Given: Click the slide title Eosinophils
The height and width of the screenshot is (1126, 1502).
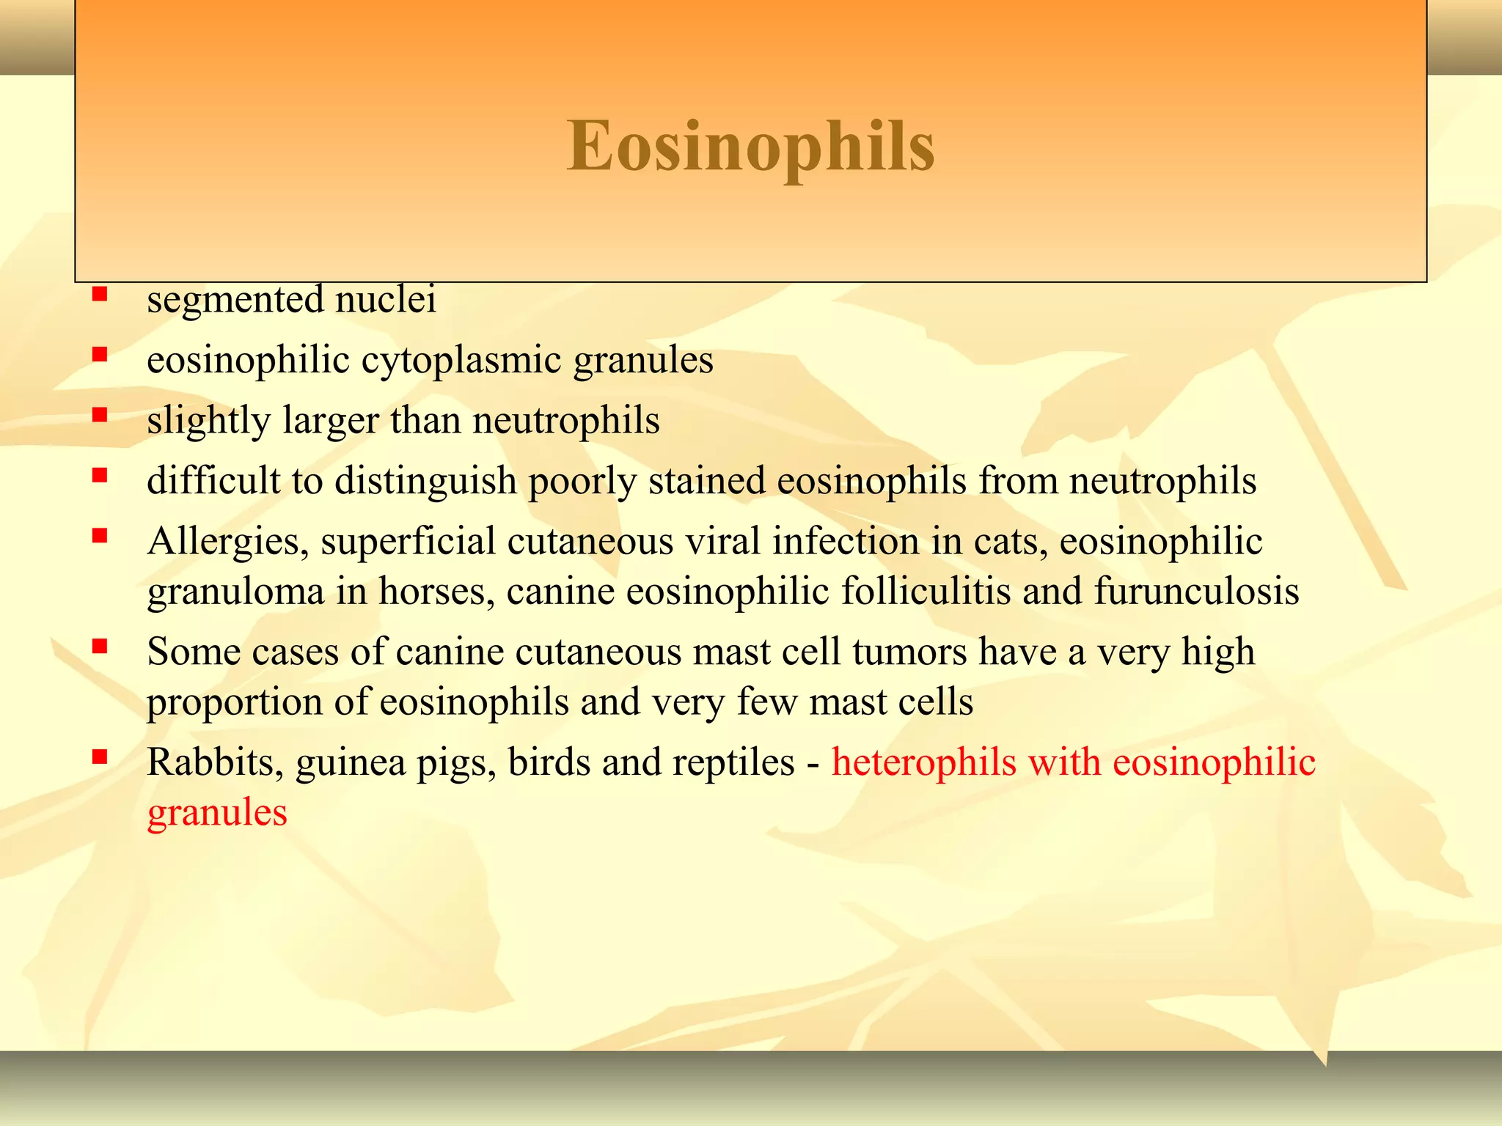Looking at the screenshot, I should click(x=750, y=147).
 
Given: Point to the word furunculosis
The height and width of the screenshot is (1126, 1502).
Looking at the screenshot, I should click(x=1196, y=592).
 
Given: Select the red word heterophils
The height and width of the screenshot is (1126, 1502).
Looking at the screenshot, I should click(x=923, y=763).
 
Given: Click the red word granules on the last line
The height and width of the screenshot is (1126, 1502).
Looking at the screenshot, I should click(x=217, y=813).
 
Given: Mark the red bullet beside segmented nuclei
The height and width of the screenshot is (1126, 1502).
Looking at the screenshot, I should click(x=100, y=295).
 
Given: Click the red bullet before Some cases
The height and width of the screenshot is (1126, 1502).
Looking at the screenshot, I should click(x=100, y=647).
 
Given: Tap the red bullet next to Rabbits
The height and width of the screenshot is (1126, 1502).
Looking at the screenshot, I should click(x=100, y=757).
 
